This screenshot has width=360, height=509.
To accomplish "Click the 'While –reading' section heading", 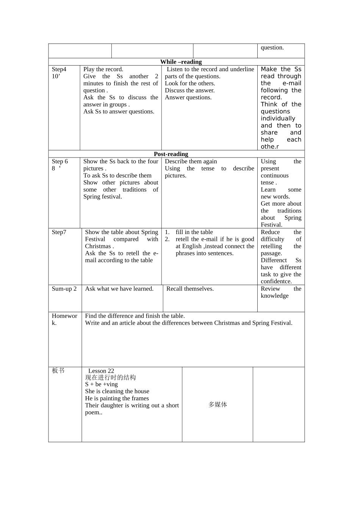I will point(181,62).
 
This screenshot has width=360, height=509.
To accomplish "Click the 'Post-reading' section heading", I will point(171,154).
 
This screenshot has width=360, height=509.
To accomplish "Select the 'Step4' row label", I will point(59,69).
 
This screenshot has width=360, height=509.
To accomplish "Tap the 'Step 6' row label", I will point(60,161).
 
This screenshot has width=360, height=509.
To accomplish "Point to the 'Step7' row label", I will point(59,232).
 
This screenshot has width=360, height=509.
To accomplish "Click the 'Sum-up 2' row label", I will point(64,289).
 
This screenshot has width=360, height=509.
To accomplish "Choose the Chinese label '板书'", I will point(58,370).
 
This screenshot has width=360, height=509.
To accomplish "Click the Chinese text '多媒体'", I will point(218,404).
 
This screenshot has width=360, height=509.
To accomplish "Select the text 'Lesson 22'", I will point(101,371).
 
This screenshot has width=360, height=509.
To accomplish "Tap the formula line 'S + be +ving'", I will point(101,384).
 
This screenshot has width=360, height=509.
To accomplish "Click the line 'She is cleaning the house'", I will point(117,391).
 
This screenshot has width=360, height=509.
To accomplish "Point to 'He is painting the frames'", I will point(117,398).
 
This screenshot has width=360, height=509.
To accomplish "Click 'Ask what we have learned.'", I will point(119,289).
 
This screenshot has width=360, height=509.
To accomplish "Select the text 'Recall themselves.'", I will point(190,289).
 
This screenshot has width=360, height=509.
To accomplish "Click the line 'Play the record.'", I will point(103,69).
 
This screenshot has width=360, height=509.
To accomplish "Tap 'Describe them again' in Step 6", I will point(191,161).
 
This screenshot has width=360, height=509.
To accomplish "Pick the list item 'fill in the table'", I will point(194,232).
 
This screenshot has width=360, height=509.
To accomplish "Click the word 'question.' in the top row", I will point(272,47).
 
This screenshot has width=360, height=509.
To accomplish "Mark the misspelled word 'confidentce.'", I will point(276,281).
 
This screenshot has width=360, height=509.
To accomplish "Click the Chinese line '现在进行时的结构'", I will point(110,378).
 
